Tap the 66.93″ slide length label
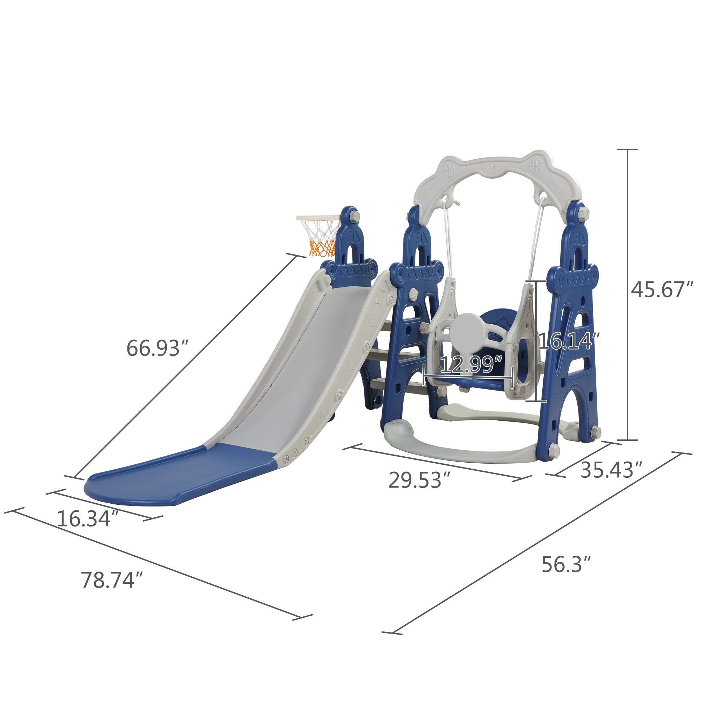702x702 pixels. point(158,348)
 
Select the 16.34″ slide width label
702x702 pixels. point(89,518)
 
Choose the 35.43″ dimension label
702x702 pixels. point(612,470)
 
